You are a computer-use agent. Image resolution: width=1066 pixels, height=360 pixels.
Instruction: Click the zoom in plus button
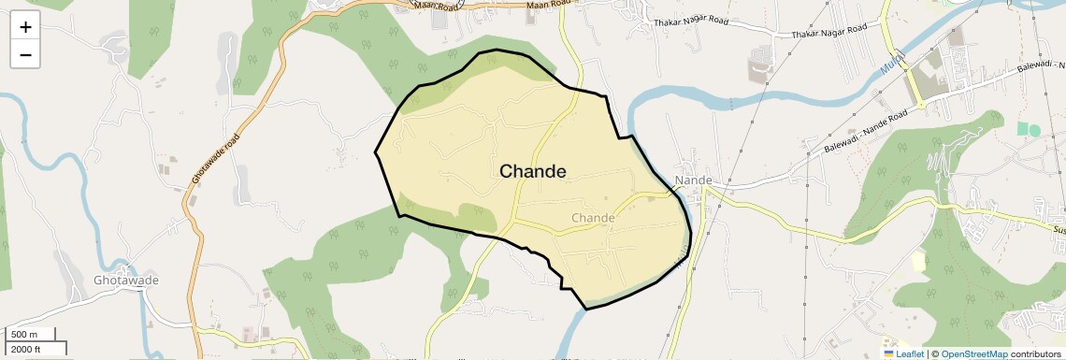click(x=25, y=27)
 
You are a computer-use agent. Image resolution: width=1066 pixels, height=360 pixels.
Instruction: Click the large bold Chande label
click(x=533, y=171)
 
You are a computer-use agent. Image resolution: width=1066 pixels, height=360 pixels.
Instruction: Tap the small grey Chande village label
click(x=593, y=218)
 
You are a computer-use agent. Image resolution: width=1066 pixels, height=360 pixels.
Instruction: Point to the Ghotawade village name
click(x=126, y=281)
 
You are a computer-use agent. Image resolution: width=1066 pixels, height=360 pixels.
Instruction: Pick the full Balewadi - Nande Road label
click(x=867, y=133)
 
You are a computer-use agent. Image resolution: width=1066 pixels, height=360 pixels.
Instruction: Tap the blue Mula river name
click(x=891, y=65)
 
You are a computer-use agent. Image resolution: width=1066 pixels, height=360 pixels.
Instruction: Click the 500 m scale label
click(x=24, y=335)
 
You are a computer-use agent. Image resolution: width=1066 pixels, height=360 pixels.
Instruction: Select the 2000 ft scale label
click(x=27, y=349)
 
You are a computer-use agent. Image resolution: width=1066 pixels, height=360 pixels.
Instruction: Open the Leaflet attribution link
click(x=910, y=354)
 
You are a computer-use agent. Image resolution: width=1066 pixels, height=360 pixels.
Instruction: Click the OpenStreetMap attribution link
click(x=973, y=354)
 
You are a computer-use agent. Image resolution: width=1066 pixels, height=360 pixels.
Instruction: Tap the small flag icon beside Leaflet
click(x=889, y=354)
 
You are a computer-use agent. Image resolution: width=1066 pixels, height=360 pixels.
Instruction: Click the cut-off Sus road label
click(x=1059, y=229)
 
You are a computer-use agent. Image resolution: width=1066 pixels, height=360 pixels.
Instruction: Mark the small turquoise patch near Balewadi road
click(x=1034, y=129)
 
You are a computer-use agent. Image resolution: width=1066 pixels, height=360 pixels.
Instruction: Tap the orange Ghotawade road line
click(x=198, y=234)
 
